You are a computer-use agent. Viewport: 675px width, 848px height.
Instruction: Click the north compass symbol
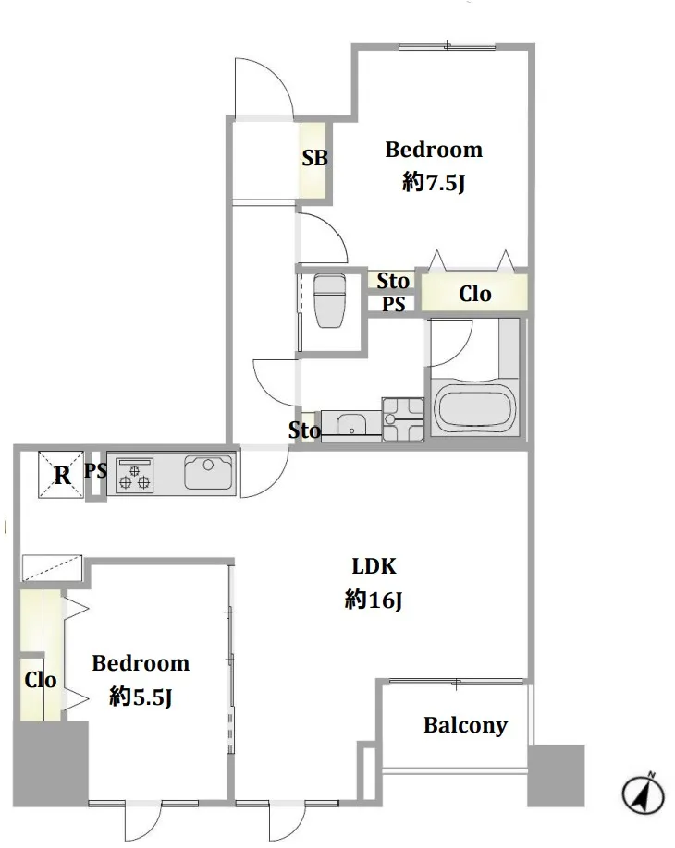pos(643,794)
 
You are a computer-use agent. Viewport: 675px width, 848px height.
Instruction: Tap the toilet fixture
pos(330,301)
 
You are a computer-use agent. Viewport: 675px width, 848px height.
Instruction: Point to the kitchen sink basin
pos(208,472)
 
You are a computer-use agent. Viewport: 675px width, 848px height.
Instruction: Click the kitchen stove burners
pos(134,476)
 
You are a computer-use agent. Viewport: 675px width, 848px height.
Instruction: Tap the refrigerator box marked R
pos(61,474)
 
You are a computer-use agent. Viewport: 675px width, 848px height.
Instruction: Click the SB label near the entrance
pos(314,158)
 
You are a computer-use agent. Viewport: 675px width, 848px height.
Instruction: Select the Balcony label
pos(465,725)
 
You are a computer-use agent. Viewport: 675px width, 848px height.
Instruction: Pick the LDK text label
pos(374,565)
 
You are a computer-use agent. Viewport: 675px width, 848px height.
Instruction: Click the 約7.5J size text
pos(434,183)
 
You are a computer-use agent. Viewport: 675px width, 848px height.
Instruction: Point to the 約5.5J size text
pos(141,697)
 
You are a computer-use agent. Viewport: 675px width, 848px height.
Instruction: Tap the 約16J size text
pos(374,600)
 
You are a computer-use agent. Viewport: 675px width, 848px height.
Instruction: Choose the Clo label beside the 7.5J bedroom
pos(474,294)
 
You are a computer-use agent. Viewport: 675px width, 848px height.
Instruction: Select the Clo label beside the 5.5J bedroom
pos(40,680)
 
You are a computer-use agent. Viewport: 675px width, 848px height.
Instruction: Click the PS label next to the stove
pos(95,470)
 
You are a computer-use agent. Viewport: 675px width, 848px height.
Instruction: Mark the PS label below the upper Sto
pos(394,305)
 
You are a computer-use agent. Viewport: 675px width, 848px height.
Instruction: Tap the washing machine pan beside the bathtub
pos(403,419)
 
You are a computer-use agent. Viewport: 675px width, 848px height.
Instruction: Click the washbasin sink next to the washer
pos(350,423)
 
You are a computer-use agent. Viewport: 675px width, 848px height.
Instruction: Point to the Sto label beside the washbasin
pos(304,430)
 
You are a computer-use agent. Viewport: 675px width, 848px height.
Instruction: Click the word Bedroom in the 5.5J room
pos(141,663)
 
